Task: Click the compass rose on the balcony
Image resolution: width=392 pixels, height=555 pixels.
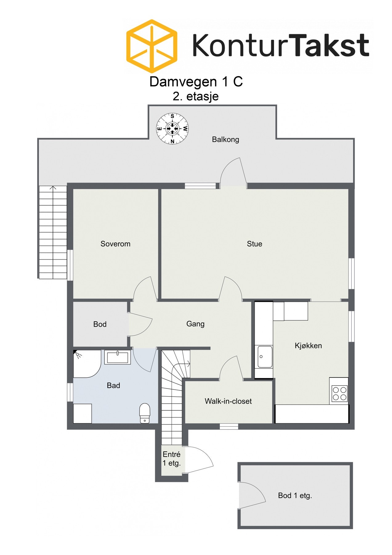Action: pos(172,129)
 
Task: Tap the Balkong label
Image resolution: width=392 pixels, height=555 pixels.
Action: pos(225,139)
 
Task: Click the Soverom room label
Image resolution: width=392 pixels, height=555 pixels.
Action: pos(115,244)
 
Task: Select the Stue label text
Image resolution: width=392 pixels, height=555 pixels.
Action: pos(254,244)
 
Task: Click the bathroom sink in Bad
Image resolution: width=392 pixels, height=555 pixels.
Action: pos(117,357)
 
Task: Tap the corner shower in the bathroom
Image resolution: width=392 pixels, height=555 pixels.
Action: pos(86,363)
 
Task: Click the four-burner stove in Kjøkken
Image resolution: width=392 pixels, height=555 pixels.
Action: pos(339,393)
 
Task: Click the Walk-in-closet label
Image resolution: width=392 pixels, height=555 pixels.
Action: pos(228,401)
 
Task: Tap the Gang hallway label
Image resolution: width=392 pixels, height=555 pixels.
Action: pos(195,324)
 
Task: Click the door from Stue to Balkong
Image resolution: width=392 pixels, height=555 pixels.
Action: pos(233,173)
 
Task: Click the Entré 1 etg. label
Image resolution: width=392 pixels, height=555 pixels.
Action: pos(172,458)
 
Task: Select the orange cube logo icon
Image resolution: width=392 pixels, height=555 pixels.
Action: pos(152,46)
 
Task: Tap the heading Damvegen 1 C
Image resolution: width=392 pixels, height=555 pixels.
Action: pos(196,82)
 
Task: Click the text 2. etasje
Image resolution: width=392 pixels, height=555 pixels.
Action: pos(196,96)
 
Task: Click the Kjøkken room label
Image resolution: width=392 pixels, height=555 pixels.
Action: pos(308,346)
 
